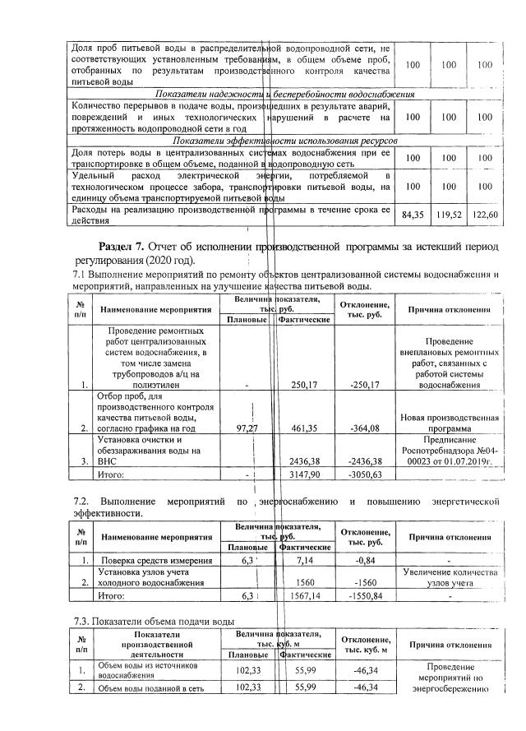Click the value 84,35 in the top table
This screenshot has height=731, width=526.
[x=410, y=215]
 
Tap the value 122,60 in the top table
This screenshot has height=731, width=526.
[x=485, y=215]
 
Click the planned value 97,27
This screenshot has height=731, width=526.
[x=247, y=428]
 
